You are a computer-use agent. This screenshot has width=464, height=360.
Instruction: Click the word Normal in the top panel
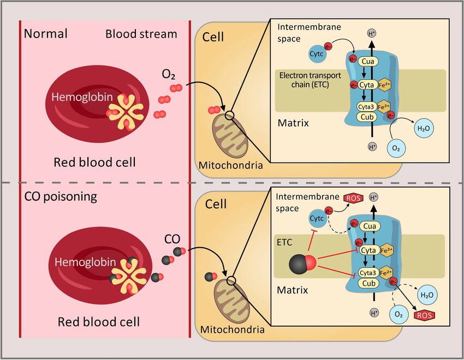click(46, 34)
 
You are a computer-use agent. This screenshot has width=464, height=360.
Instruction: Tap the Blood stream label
click(141, 34)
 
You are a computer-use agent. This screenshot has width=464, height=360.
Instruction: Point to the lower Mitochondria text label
click(233, 329)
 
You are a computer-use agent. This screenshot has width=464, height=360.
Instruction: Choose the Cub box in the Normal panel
click(366, 116)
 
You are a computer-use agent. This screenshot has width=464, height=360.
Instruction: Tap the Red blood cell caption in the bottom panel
click(99, 322)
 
